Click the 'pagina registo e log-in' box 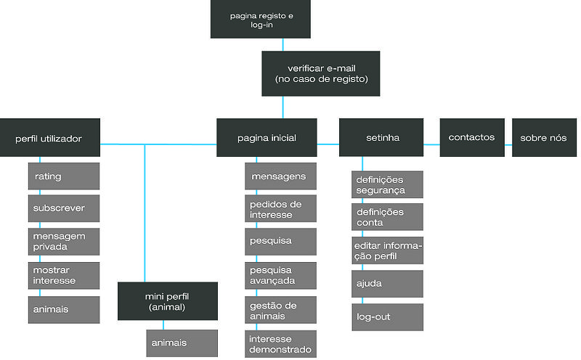click(261, 20)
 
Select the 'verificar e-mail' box click(320, 73)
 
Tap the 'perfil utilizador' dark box click(49, 138)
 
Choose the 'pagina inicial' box click(267, 138)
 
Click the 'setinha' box click(382, 138)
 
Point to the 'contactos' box click(471, 137)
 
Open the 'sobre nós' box click(543, 137)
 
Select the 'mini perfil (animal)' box click(168, 301)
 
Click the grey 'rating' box click(64, 176)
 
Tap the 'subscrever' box click(64, 208)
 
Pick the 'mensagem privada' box click(64, 241)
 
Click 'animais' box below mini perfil click(182, 343)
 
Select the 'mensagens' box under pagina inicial click(280, 176)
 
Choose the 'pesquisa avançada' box click(280, 275)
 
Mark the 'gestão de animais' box click(280, 311)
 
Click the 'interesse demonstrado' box click(280, 344)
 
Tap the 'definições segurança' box click(387, 184)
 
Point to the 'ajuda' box click(387, 284)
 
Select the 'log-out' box click(387, 317)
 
